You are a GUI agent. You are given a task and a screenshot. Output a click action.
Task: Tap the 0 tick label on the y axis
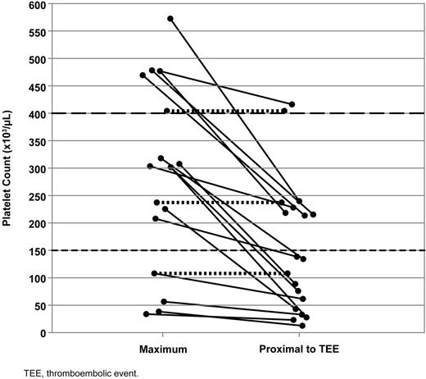tap(39, 333)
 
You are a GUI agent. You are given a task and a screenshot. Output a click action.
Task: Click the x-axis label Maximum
tap(163, 349)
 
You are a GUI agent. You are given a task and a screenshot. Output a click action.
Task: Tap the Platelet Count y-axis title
tap(9, 168)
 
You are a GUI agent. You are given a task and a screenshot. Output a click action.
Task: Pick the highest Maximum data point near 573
tap(170, 18)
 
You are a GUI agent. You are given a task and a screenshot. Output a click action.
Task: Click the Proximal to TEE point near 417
tap(292, 104)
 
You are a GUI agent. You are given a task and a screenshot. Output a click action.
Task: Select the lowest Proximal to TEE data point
tap(302, 326)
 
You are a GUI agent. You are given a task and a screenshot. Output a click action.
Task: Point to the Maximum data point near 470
tap(143, 75)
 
